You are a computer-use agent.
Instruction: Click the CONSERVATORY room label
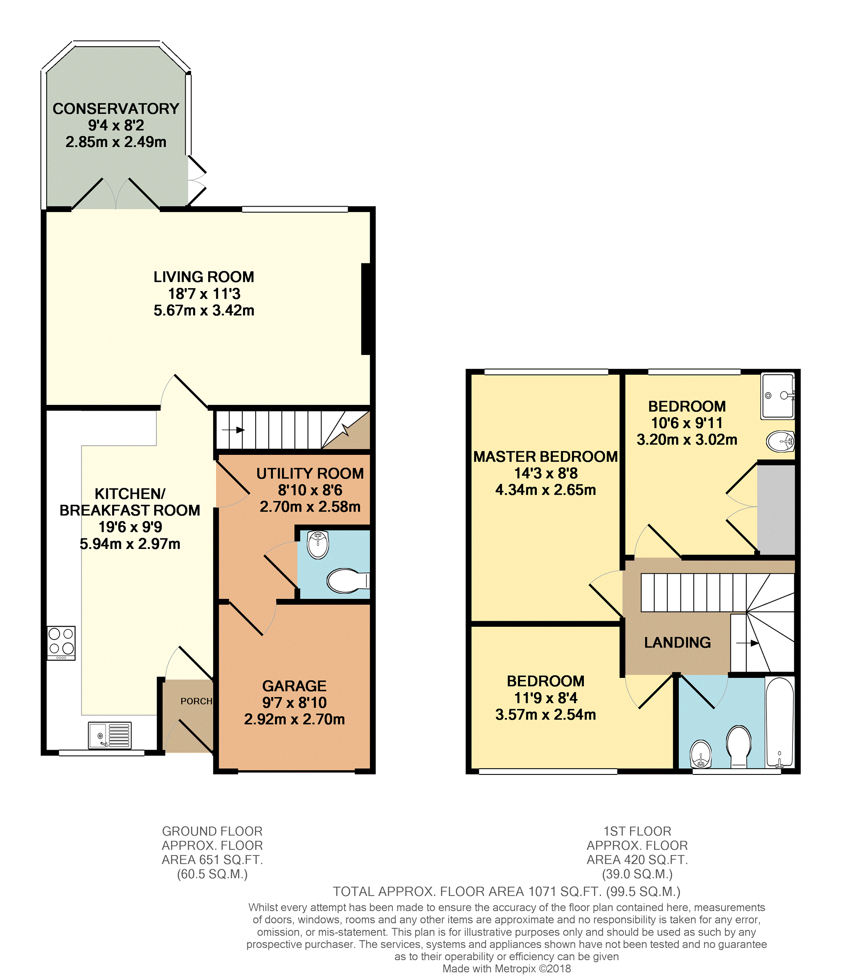pos(116,109)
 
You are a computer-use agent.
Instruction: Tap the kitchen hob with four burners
pos(61,643)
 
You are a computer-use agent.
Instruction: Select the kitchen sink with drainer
pos(110,735)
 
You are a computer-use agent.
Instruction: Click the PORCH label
pos(196,701)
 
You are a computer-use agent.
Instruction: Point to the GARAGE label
pos(294,686)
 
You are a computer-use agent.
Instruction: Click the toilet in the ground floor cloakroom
pos(348,580)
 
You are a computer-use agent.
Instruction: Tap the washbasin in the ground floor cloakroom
pos(318,545)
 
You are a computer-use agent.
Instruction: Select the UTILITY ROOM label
pos(310,473)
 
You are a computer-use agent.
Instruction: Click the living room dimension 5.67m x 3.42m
pos(204,310)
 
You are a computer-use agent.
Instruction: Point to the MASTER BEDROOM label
pos(546,457)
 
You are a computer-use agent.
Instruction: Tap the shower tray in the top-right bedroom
pos(777,396)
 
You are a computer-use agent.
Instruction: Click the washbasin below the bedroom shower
pos(780,442)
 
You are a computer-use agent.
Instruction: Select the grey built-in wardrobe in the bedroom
pos(776,509)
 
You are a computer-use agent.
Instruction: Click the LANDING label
pos(677,643)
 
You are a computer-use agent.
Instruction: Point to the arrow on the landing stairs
pos(748,643)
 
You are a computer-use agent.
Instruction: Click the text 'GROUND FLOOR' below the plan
pos(212,832)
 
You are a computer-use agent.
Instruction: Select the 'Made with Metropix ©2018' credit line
pos(507,969)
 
